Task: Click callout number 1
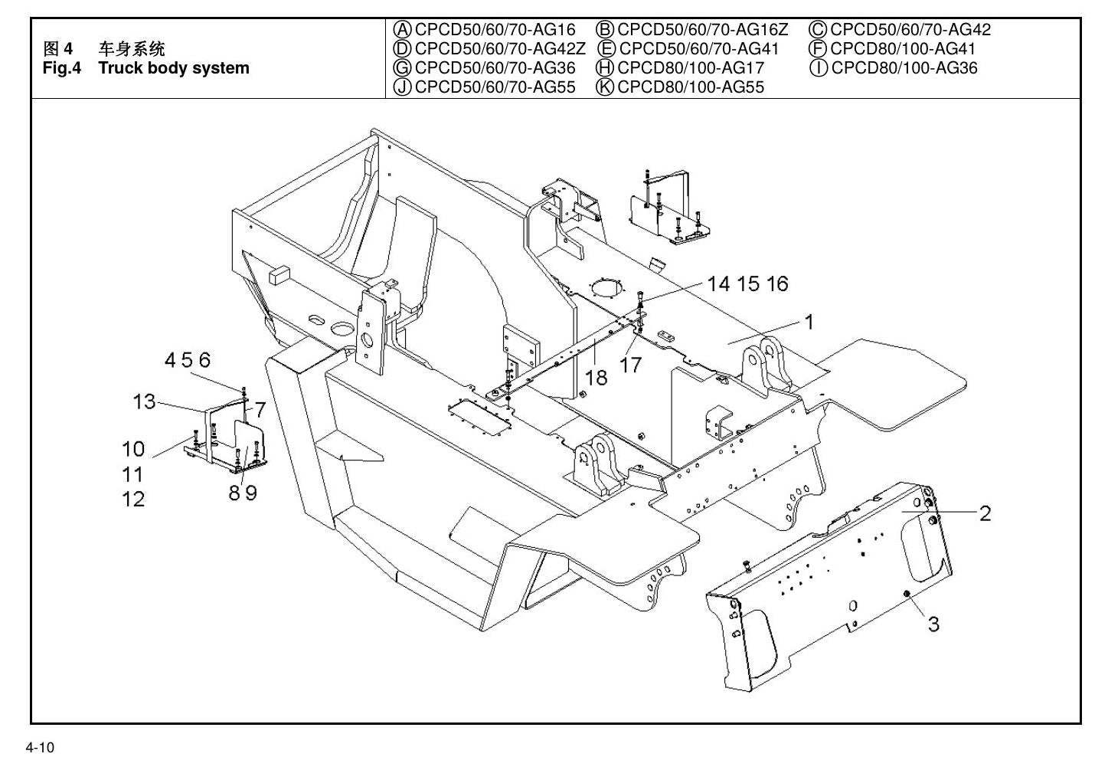tap(809, 322)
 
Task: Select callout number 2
tap(985, 513)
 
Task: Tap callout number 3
tap(933, 624)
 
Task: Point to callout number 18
tap(596, 378)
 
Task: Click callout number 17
tap(631, 365)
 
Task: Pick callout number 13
tap(145, 401)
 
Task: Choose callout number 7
tap(260, 410)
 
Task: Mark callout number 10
tap(133, 449)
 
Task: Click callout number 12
tap(133, 500)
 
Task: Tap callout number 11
tap(133, 474)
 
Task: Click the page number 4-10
tap(40, 747)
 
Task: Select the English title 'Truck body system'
tap(174, 67)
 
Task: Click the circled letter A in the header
tap(402, 30)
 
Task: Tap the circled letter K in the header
tap(605, 87)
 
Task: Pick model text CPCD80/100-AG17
tap(691, 67)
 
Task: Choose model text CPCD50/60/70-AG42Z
tap(500, 49)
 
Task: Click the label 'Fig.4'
tap(62, 67)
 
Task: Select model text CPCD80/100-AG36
tap(904, 67)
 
